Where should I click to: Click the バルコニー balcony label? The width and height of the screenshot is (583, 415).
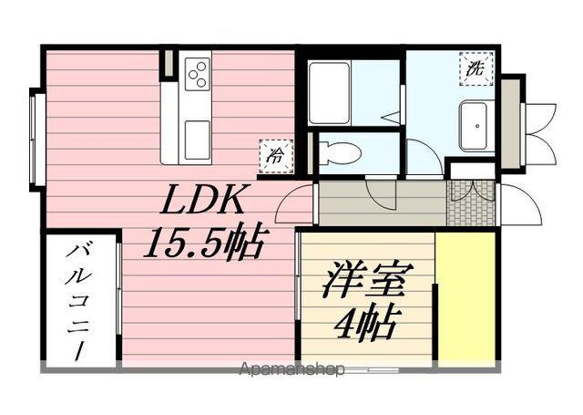click(81, 300)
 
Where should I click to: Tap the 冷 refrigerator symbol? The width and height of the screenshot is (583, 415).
click(274, 155)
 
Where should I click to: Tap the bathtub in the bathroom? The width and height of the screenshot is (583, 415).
click(329, 92)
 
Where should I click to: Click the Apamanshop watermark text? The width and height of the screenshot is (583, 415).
click(292, 370)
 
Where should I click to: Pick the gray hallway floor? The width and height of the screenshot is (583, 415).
click(383, 205)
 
